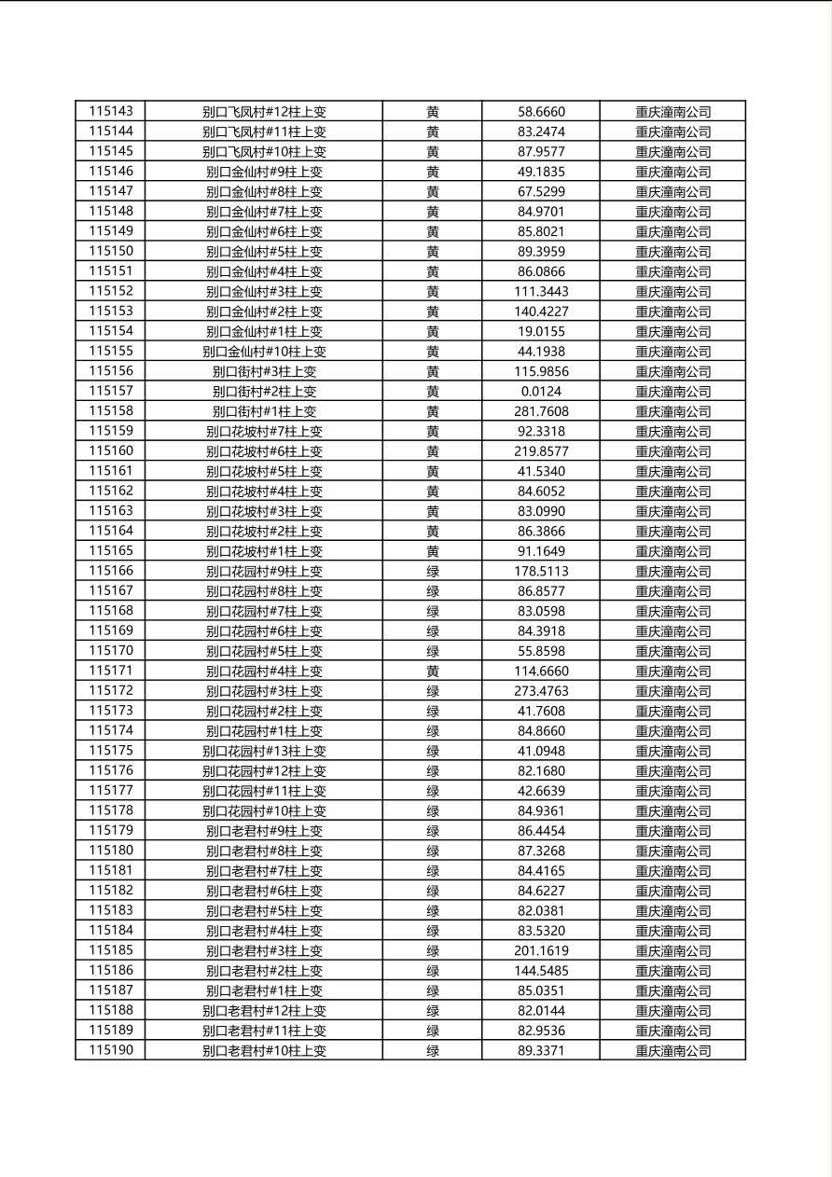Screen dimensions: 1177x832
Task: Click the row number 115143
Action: (111, 111)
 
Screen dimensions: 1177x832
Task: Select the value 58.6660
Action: (541, 112)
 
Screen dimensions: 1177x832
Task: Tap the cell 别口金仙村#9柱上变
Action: (264, 172)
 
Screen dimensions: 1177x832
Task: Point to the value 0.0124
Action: (541, 392)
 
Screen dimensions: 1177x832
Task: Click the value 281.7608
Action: (541, 411)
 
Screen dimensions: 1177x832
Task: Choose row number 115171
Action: (111, 671)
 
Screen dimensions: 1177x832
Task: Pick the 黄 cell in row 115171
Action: (433, 672)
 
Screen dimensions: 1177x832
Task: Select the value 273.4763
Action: (541, 691)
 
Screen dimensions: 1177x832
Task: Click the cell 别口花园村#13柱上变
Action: (264, 751)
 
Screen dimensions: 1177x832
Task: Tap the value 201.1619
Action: (541, 951)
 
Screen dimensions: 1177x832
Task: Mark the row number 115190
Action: (111, 1050)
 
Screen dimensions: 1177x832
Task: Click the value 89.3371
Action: (541, 1051)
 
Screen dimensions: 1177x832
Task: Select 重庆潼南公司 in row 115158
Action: (673, 411)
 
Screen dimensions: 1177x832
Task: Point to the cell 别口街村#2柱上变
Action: (264, 392)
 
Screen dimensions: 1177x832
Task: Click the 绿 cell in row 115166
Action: (433, 572)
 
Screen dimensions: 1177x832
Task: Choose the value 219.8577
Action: (541, 451)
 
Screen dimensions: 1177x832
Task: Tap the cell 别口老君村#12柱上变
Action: (264, 1011)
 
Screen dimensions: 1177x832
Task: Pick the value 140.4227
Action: (541, 312)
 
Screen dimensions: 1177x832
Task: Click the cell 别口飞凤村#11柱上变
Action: (264, 132)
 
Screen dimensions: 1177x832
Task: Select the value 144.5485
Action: (541, 971)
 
